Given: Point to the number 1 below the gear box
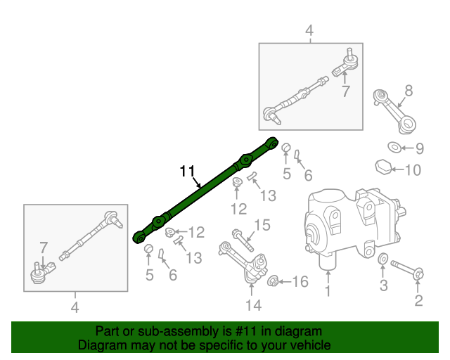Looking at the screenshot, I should (326, 290).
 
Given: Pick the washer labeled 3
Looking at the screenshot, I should (382, 262).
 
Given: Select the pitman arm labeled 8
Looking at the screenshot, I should (394, 108).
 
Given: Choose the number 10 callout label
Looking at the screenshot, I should (413, 170).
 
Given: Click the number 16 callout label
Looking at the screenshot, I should (300, 282).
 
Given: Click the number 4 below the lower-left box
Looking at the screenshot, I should (75, 307).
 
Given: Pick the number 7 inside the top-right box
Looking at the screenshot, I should (345, 91).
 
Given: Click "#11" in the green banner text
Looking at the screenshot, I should (241, 331).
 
